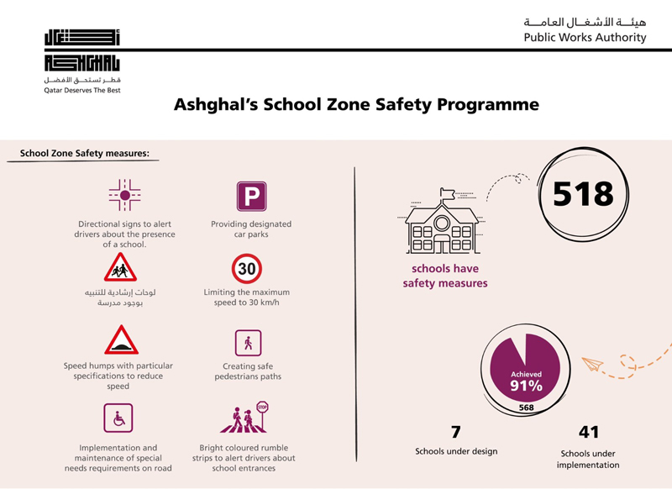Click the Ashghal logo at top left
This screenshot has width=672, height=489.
82,52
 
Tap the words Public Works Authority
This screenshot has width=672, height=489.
585,38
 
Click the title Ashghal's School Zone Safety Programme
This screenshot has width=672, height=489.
355,105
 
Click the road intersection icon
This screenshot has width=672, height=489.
124,196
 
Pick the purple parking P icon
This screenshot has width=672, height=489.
251,197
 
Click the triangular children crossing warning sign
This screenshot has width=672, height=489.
121,268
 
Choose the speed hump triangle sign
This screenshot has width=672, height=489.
121,340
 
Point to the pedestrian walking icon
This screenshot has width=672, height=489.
247,343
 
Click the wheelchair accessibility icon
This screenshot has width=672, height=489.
118,418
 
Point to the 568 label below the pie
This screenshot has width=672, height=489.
526,408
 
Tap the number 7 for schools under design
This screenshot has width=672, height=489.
456,433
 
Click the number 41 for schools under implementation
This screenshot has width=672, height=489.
589,433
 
